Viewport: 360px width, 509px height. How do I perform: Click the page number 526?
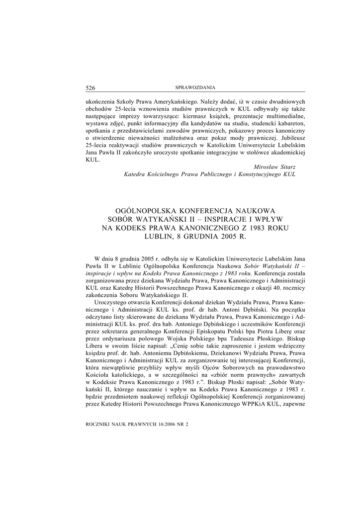pos(90,88)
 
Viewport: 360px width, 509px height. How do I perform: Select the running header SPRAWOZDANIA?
pos(195,88)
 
